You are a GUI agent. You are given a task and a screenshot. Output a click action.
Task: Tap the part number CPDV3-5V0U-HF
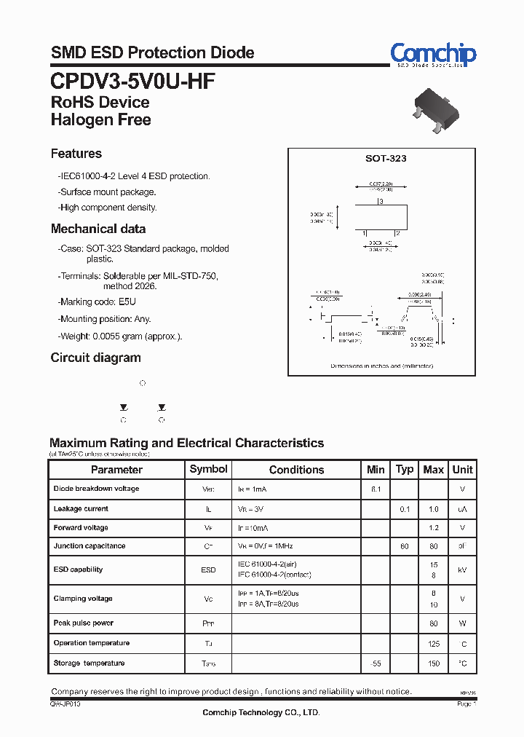point(132,79)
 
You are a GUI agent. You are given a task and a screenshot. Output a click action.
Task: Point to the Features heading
point(76,154)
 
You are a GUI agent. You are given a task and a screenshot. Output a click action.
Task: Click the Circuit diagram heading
point(95,358)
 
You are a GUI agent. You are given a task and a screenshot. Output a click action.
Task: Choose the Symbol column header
point(208,470)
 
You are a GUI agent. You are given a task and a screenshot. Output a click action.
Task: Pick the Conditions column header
point(296,470)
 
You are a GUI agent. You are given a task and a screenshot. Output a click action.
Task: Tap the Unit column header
point(462,470)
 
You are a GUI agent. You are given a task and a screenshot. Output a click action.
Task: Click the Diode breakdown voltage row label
point(96,489)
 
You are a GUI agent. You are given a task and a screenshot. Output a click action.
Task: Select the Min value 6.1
point(376,489)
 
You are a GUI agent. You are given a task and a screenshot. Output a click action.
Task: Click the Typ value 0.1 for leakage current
point(405,509)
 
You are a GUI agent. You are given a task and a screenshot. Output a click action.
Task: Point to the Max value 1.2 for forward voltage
point(433,528)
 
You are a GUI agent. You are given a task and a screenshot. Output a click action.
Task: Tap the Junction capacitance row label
point(89,546)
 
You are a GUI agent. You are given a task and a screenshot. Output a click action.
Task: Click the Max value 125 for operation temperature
point(433,643)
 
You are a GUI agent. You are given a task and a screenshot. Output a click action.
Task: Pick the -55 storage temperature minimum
point(376,663)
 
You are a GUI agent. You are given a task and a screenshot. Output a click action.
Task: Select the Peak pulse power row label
point(83,623)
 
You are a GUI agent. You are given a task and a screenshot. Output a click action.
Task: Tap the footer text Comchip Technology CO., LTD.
point(261,713)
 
